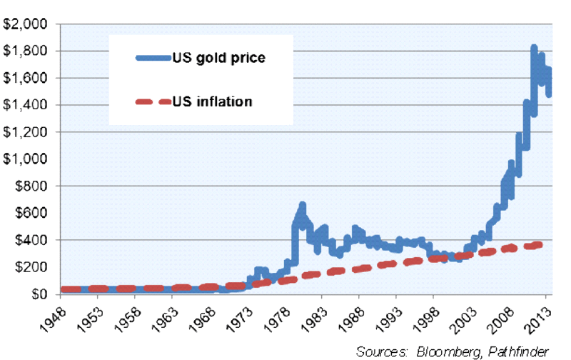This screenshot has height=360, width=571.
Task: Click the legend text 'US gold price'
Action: point(218,58)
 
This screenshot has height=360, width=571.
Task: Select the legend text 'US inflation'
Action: point(212,101)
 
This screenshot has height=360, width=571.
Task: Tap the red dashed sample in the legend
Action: point(151,101)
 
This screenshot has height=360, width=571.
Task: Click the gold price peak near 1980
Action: point(302,206)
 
